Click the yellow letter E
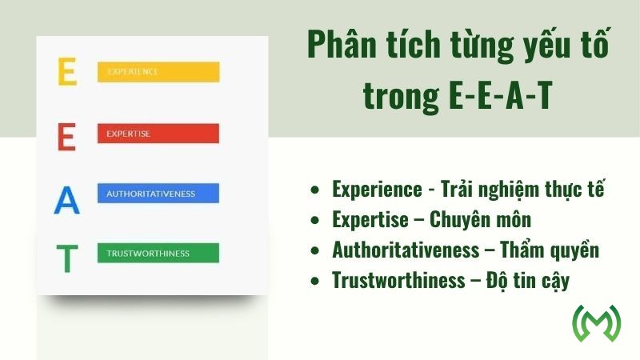pyautogui.click(x=67, y=71)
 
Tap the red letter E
pyautogui.click(x=67, y=136)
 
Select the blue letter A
pyautogui.click(x=67, y=199)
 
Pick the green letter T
pyautogui.click(x=67, y=258)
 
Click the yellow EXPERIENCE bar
pyautogui.click(x=158, y=71)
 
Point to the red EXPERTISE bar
pyautogui.click(x=158, y=133)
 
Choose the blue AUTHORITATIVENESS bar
pyautogui.click(x=158, y=193)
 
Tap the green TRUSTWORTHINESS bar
pyautogui.click(x=158, y=254)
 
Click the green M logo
pyautogui.click(x=597, y=324)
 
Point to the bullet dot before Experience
pyautogui.click(x=316, y=190)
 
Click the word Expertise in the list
pyautogui.click(x=372, y=220)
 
